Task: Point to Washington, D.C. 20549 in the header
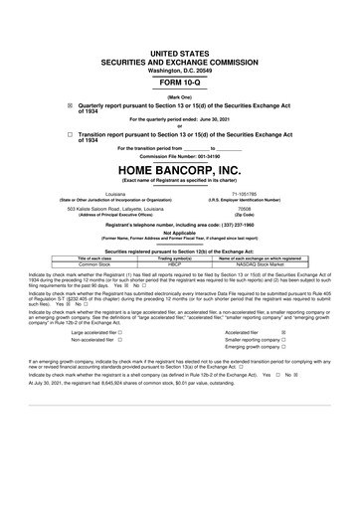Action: click(x=179, y=43)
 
